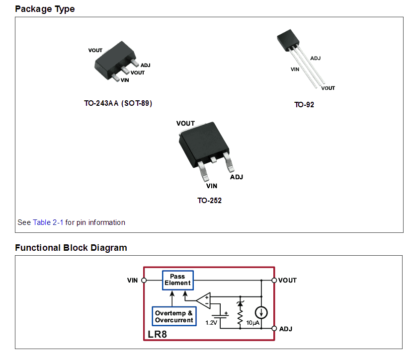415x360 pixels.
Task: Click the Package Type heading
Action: (x=45, y=9)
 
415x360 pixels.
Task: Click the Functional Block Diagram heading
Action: (x=71, y=248)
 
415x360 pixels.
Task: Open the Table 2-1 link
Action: (x=48, y=222)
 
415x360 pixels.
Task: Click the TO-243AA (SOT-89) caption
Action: (x=118, y=104)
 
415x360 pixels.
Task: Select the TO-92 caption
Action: (x=304, y=105)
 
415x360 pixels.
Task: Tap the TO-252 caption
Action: (x=209, y=201)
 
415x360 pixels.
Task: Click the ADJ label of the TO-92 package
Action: (x=315, y=59)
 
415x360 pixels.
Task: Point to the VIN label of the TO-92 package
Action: (x=295, y=70)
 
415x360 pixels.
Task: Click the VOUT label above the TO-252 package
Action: (x=185, y=124)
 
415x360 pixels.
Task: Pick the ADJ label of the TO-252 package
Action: (x=236, y=177)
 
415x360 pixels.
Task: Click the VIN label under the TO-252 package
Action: (x=212, y=186)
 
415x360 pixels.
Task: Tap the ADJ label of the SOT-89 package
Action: (x=145, y=65)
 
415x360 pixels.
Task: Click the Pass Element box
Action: (x=177, y=280)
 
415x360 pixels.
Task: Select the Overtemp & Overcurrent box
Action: (x=174, y=317)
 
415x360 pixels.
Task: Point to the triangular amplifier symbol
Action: (x=203, y=300)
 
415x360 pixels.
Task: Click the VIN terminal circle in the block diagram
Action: (x=144, y=280)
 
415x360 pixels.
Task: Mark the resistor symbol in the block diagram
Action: (x=241, y=316)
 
